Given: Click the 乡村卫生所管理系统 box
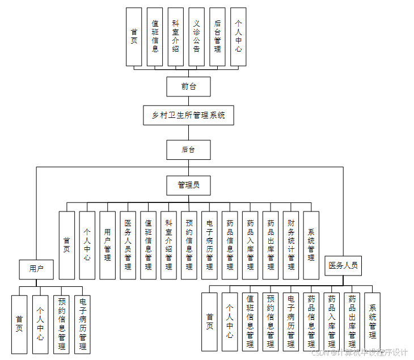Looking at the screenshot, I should [188, 115].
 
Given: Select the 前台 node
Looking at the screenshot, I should [188, 87].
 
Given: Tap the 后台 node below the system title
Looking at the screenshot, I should [188, 150].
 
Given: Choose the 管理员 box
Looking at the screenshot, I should [188, 185].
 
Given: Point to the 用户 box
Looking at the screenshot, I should [36, 269].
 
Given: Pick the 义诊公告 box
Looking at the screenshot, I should [196, 37].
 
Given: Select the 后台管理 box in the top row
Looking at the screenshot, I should [217, 37].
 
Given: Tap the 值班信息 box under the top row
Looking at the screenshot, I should [155, 37].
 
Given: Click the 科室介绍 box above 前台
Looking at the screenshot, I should [176, 37].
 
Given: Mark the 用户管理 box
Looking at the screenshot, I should [108, 245].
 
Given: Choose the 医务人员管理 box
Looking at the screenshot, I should [128, 245].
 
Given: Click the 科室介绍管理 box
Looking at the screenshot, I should [168, 245].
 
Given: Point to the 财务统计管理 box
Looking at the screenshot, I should [291, 245].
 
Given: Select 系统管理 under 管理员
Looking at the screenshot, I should [311, 245].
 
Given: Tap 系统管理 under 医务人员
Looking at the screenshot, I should [373, 321].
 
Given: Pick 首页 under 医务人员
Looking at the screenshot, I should [210, 321].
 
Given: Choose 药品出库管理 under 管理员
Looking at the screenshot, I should [271, 245].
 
